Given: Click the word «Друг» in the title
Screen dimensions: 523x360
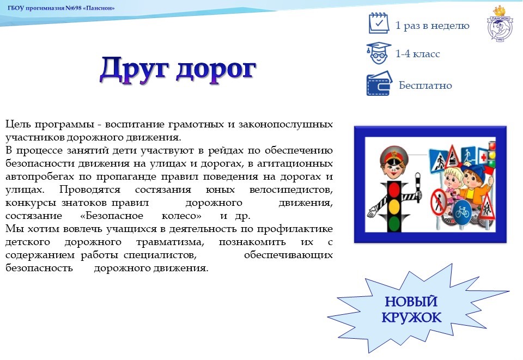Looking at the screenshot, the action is click(x=133, y=69).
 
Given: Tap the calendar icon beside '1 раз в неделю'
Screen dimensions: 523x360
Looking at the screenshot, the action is click(x=379, y=23).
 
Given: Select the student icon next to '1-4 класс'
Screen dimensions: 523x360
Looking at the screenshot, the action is click(x=379, y=53).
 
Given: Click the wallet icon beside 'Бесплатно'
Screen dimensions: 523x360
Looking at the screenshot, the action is click(x=379, y=84).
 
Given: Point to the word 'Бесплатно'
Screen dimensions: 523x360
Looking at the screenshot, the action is click(x=425, y=86).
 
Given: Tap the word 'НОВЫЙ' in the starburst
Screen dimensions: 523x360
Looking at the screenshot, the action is click(x=411, y=301).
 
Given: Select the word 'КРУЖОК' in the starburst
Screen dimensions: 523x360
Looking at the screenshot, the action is click(x=411, y=318).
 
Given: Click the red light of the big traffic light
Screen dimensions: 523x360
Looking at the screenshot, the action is click(x=394, y=190).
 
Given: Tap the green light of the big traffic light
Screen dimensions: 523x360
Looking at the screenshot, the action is click(x=394, y=222).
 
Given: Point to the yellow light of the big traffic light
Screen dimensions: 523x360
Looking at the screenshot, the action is click(x=394, y=206).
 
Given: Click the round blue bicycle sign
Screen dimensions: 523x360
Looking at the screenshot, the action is click(x=463, y=212).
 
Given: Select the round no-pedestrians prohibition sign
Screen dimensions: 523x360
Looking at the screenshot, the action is click(x=439, y=202).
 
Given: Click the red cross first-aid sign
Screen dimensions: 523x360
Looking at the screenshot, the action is click(x=483, y=156).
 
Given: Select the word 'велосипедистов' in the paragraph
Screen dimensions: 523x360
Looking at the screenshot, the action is click(x=291, y=190).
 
